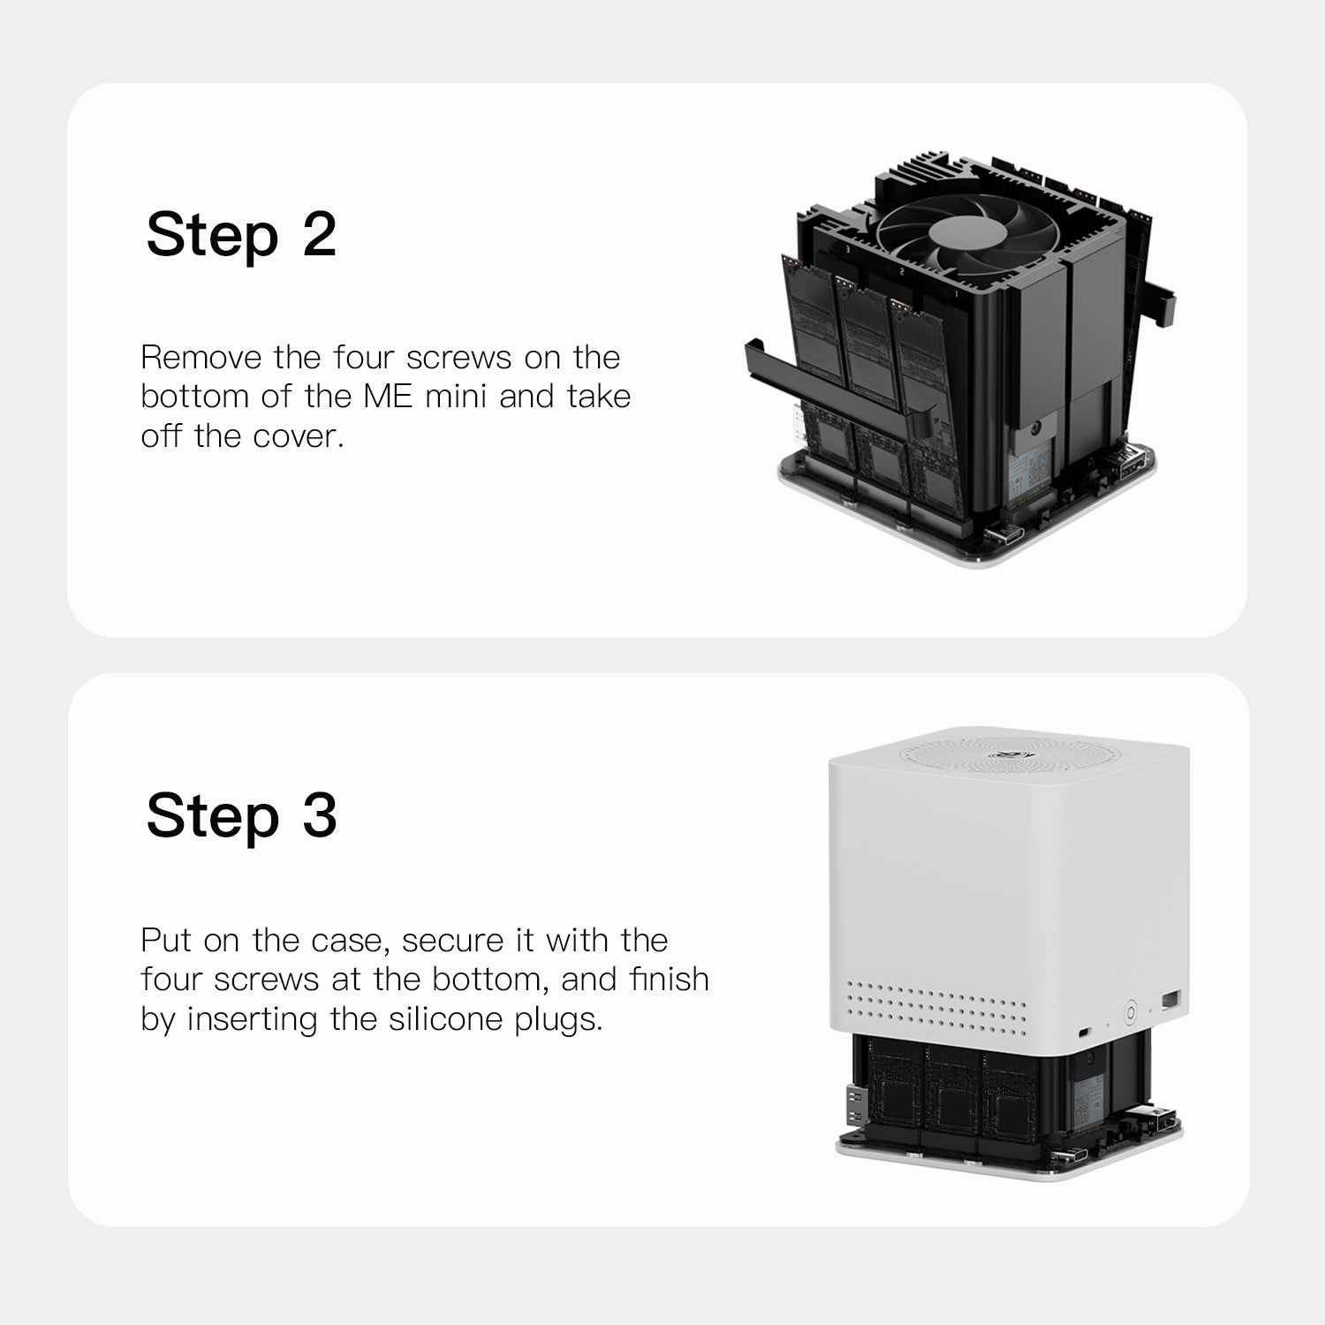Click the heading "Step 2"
[241, 235]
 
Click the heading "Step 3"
[241, 815]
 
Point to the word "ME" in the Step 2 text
[388, 397]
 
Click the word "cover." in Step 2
[299, 436]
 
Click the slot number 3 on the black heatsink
[848, 251]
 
